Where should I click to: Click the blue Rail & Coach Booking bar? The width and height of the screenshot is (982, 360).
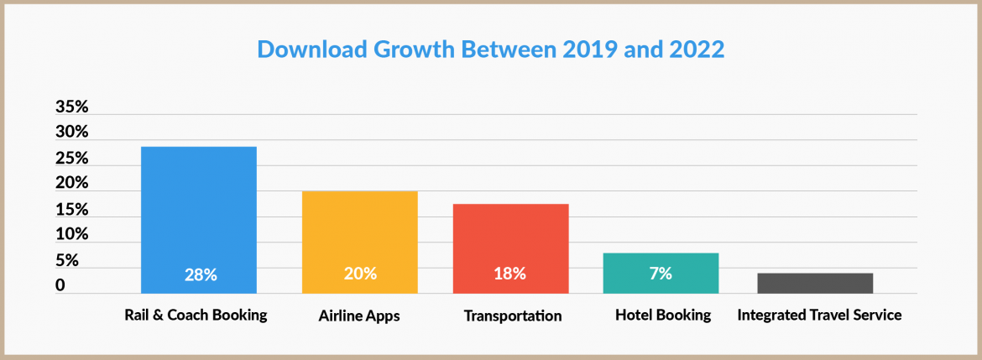tap(198, 220)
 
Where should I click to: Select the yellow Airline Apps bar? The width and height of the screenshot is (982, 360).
tap(359, 242)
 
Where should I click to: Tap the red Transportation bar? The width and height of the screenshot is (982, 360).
tap(510, 248)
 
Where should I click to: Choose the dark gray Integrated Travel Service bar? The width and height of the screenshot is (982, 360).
tap(814, 283)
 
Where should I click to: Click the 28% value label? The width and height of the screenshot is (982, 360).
tap(201, 274)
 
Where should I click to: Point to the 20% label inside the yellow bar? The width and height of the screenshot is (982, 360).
tap(360, 274)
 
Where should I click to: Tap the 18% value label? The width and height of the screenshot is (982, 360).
tap(509, 274)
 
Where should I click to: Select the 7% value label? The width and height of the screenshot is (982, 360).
tap(660, 274)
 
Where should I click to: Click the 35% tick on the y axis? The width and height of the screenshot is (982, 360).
tap(72, 107)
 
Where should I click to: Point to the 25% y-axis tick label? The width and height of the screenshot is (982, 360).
tap(72, 159)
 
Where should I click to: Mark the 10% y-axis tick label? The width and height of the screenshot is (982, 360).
tap(72, 234)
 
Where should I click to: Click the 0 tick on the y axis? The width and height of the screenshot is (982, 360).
tap(60, 285)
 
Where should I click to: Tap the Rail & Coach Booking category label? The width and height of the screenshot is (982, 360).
tap(196, 316)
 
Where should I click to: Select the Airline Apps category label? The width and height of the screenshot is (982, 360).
tap(359, 316)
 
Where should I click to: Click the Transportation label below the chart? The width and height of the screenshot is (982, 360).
tap(512, 316)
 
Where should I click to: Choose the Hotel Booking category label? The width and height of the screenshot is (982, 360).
tap(662, 316)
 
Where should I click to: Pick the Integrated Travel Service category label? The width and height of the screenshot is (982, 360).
tap(819, 316)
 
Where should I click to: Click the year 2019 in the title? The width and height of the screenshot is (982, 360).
tap(587, 50)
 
